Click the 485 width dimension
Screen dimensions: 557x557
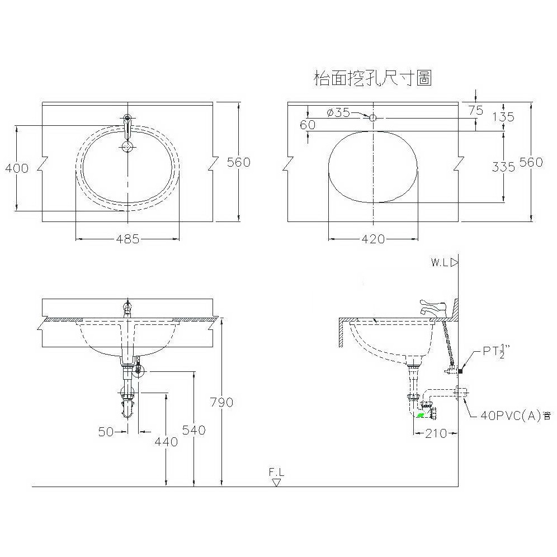pyautogui.click(x=128, y=239)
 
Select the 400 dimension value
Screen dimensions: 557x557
pyautogui.click(x=17, y=168)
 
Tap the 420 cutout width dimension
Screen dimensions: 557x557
pyautogui.click(x=374, y=239)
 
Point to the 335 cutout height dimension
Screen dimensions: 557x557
pyautogui.click(x=503, y=166)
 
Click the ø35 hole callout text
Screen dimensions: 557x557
pyautogui.click(x=338, y=112)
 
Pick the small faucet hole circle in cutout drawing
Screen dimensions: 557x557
pyautogui.click(x=372, y=117)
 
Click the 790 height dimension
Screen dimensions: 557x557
pyautogui.click(x=221, y=402)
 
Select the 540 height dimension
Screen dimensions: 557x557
pyautogui.click(x=194, y=430)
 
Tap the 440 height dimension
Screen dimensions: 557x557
pyautogui.click(x=166, y=442)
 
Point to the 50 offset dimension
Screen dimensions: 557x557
pyautogui.click(x=106, y=432)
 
